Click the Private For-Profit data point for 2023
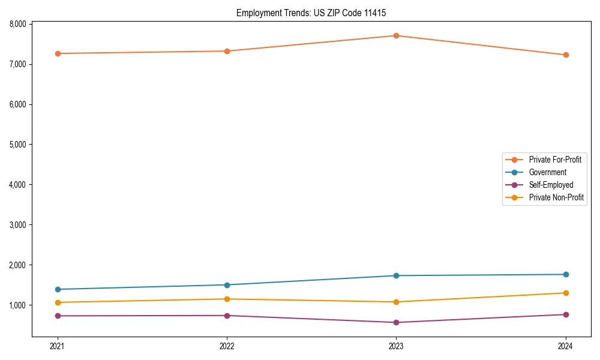[397, 35]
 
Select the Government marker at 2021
[58, 289]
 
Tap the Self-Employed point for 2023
[397, 322]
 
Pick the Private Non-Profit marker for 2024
[566, 293]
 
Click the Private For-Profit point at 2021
[58, 53]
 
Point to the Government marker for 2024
[566, 274]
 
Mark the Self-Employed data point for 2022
[227, 316]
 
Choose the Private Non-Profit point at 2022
[227, 299]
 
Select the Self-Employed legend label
[551, 185]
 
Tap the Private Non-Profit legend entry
[556, 197]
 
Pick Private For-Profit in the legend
[555, 160]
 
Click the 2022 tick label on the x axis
[227, 346]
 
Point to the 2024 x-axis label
[566, 346]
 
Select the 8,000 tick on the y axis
[17, 24]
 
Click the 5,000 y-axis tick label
[17, 145]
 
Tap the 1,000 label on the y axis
[17, 305]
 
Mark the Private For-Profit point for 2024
[566, 55]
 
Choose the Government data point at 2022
[227, 285]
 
